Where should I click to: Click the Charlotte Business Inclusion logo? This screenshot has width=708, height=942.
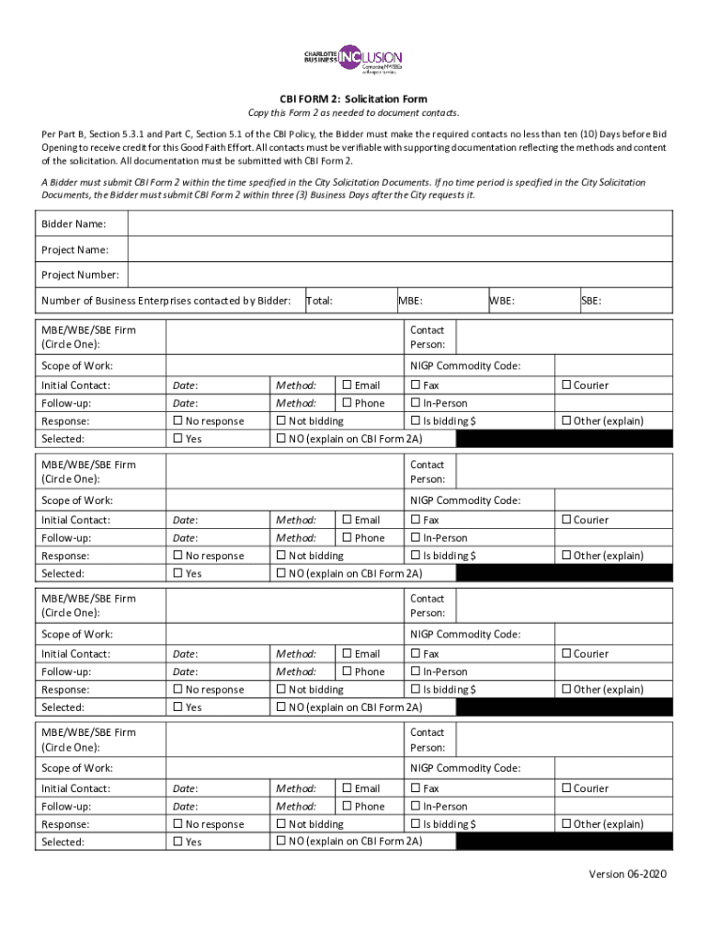click(353, 58)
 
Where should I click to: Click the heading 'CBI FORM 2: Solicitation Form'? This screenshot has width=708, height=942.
click(353, 99)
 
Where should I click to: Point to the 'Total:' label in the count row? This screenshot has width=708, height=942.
click(319, 300)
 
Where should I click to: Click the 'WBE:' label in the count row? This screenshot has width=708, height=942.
click(502, 300)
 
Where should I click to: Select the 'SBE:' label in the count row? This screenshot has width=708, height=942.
click(591, 300)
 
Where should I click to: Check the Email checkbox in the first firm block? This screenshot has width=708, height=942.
click(348, 385)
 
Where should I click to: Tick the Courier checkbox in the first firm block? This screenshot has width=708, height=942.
click(566, 385)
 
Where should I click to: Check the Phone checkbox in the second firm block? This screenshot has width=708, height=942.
click(348, 537)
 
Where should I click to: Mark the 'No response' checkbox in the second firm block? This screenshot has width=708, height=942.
click(178, 556)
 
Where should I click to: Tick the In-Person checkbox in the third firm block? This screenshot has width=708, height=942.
click(416, 672)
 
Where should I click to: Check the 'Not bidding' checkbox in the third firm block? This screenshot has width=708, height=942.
click(281, 689)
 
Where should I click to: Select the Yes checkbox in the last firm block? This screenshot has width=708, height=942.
click(178, 842)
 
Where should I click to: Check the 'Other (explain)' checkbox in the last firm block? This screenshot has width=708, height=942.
click(566, 824)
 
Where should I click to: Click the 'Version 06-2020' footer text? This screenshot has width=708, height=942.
click(628, 874)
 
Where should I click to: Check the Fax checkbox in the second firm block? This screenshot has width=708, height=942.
click(416, 520)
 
